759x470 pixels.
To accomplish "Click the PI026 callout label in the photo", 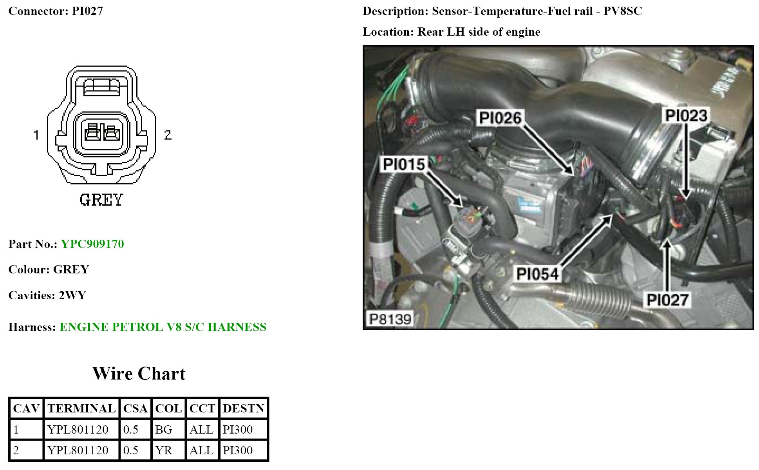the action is tap(501, 118).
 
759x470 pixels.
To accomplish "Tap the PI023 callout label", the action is tap(686, 116).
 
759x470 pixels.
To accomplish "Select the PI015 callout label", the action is tap(404, 164).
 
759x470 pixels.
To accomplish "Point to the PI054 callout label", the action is tap(537, 274).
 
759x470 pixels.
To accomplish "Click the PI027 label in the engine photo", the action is tap(667, 300).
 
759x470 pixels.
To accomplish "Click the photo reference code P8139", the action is tap(390, 319).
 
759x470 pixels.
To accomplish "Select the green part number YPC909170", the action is tap(92, 244).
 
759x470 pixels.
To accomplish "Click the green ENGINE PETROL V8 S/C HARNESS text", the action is tap(163, 327).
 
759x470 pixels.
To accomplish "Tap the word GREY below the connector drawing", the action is tap(101, 200).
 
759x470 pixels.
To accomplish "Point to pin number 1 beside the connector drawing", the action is tap(36, 135).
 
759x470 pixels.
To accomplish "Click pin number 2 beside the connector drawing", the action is tap(168, 135).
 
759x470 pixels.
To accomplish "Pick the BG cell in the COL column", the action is tap(164, 430).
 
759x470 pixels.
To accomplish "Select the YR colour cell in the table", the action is tap(164, 450).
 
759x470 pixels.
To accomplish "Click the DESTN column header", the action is tap(244, 409).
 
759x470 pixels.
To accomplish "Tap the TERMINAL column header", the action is tap(81, 409).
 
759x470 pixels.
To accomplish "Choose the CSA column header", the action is tap(135, 409).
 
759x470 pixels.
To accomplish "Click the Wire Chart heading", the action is tap(139, 374).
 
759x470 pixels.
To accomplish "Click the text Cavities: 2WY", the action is tap(47, 295).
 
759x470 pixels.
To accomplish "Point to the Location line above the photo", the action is tap(451, 32).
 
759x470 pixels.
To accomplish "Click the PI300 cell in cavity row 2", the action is tap(238, 450).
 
